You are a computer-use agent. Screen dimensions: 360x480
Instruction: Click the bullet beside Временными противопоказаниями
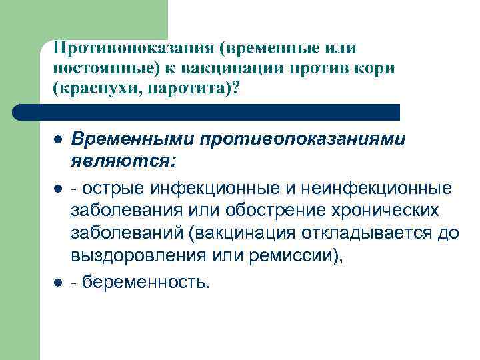pos(59,140)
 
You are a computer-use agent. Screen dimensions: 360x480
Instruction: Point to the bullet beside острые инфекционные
pos(59,189)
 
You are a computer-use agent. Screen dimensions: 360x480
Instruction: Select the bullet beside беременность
pos(59,282)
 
